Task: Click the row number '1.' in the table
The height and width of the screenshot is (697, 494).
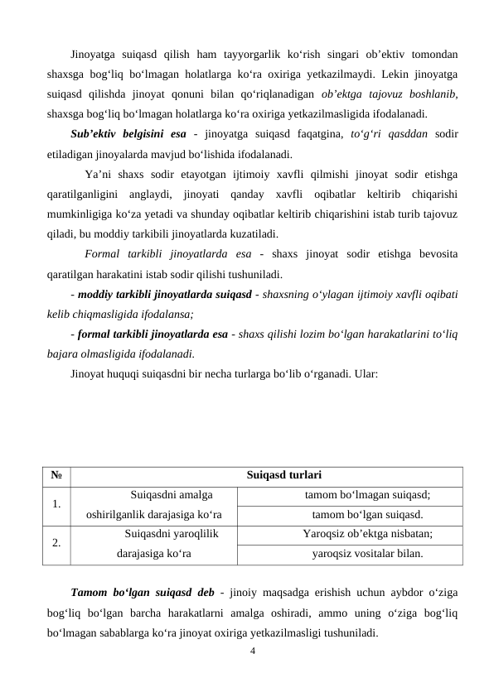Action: click(56, 504)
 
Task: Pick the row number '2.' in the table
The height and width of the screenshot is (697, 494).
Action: click(56, 543)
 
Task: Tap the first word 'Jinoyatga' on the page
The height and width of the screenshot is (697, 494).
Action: click(94, 55)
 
